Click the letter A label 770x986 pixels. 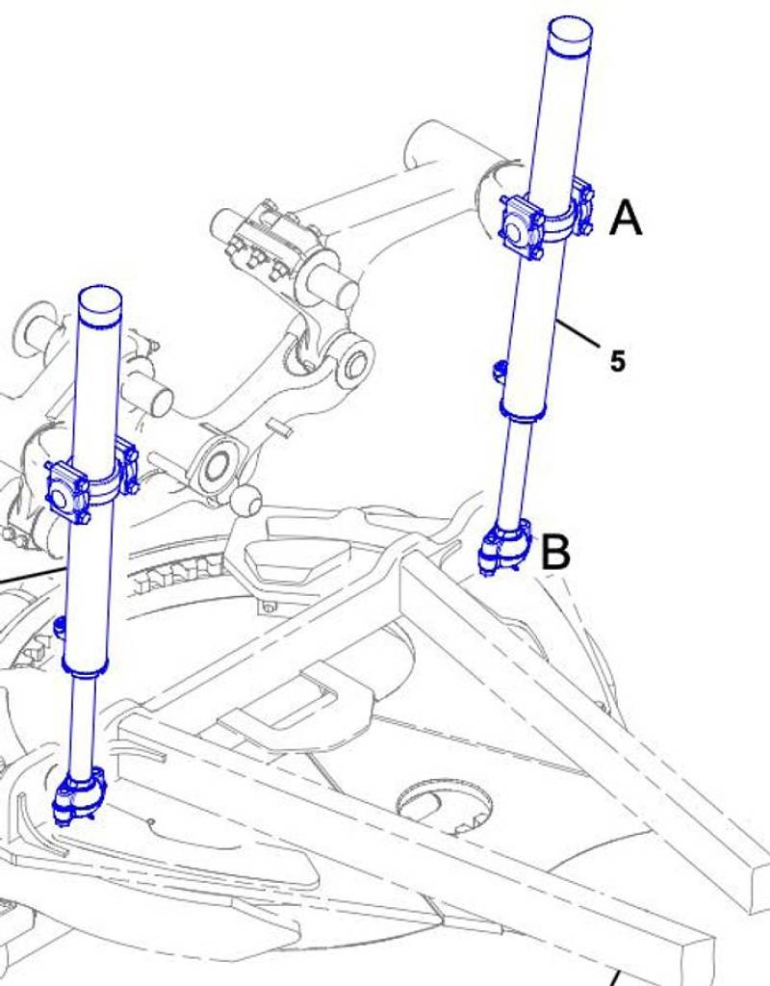(x=626, y=218)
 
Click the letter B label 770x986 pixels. (x=555, y=552)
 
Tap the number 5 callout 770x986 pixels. (x=618, y=361)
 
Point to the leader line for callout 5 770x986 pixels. (x=577, y=333)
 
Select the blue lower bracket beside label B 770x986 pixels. (x=505, y=546)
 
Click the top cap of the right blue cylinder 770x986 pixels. (x=571, y=37)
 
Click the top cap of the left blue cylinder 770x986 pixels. (x=100, y=307)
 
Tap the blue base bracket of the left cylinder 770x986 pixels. (x=81, y=794)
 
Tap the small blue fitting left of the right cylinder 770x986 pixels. (x=498, y=371)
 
